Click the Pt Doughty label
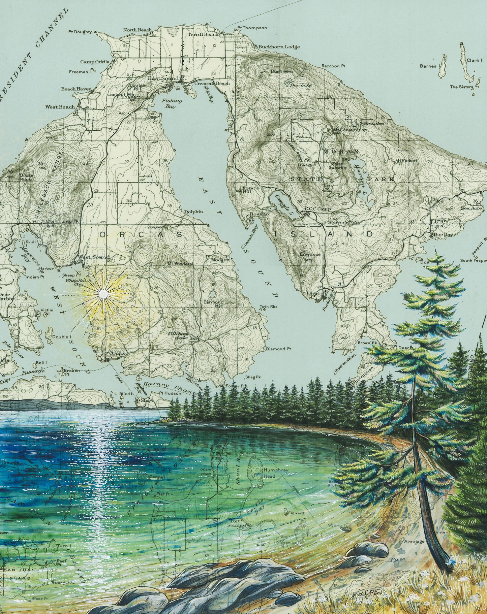point(80,32)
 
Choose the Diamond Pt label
point(278,349)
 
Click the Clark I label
point(473,60)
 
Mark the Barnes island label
point(428,66)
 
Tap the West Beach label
point(60,107)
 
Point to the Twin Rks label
point(266,307)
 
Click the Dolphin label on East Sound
point(193,212)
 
